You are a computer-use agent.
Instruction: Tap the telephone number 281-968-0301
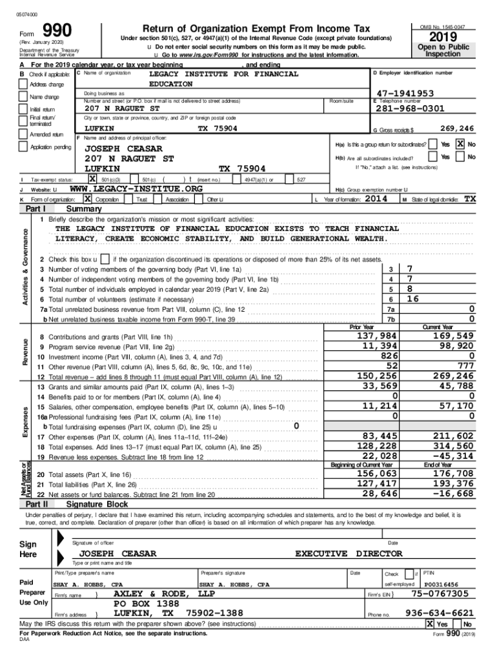(409, 108)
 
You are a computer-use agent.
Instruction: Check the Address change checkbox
(23, 85)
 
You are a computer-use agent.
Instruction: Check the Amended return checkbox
(23, 134)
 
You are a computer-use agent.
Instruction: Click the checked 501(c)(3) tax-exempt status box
(92, 179)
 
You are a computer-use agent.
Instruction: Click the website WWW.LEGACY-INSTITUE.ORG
(136, 188)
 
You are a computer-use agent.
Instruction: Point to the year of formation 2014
(376, 199)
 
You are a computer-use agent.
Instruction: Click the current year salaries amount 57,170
(454, 405)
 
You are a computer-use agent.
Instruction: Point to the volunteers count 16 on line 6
(414, 299)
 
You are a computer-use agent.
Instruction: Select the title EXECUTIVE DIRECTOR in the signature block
(349, 553)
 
